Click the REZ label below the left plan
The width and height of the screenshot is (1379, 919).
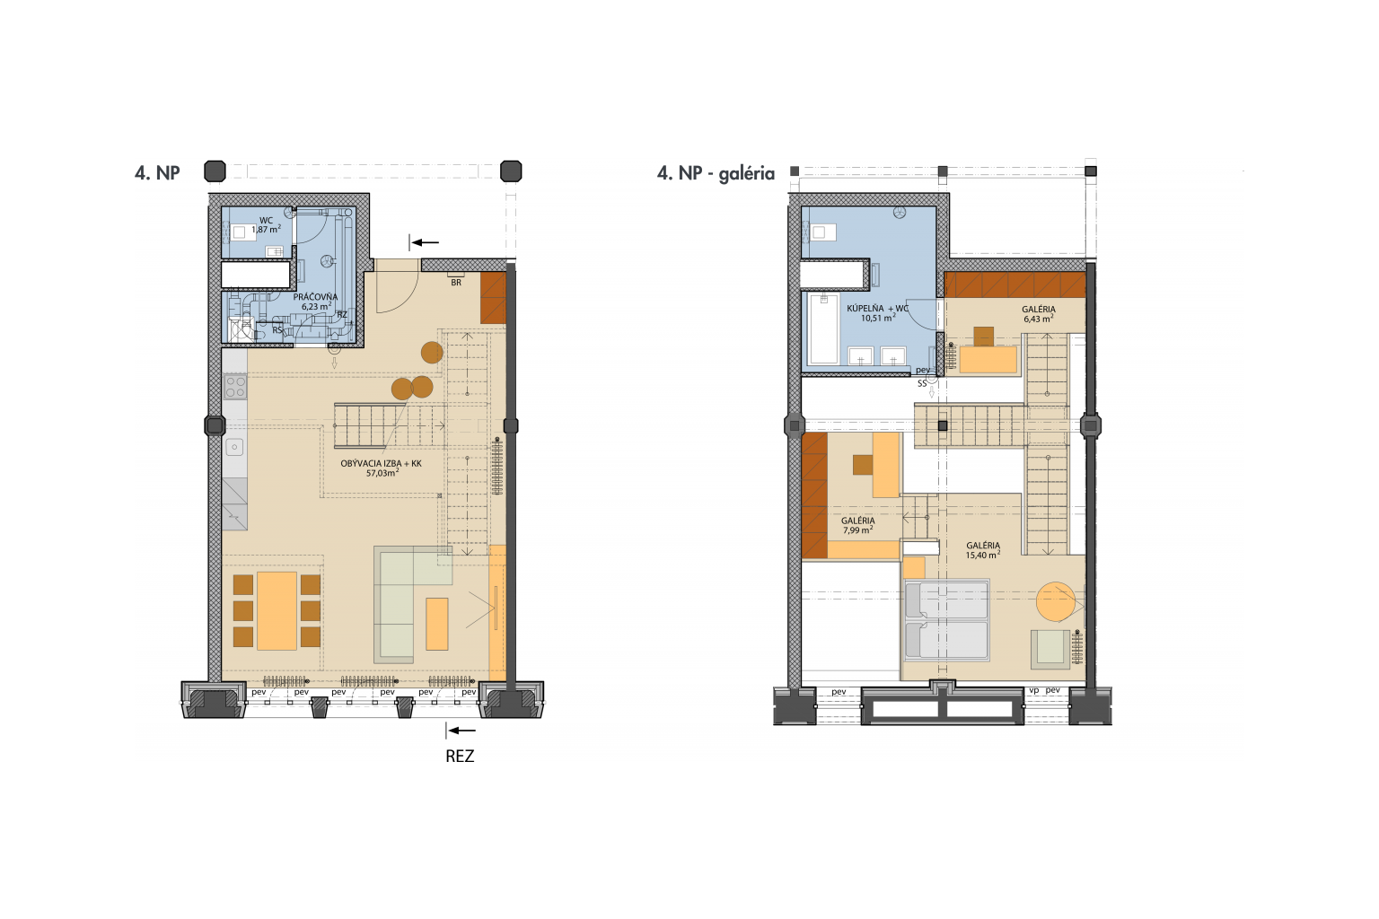click(x=460, y=756)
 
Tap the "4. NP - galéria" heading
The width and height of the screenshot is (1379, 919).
click(x=716, y=173)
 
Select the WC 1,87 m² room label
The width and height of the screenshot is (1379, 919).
click(x=266, y=224)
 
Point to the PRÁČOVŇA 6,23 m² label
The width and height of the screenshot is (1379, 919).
click(x=315, y=302)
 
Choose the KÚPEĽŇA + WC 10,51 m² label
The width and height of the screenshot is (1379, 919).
click(x=878, y=313)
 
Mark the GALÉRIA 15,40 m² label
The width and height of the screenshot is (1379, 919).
click(x=983, y=550)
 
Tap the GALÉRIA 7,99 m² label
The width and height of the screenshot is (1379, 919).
click(x=858, y=526)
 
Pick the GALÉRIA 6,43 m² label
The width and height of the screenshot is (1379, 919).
click(x=1039, y=314)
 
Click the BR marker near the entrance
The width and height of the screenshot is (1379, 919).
click(x=456, y=283)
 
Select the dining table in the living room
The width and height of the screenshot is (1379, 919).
click(x=277, y=611)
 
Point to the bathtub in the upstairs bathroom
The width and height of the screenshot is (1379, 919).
click(x=823, y=329)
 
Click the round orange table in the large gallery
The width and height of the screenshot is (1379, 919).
click(x=1056, y=601)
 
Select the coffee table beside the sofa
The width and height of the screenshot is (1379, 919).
click(x=437, y=624)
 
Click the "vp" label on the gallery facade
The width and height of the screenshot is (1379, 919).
click(x=1033, y=691)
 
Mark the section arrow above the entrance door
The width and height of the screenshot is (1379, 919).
click(x=425, y=242)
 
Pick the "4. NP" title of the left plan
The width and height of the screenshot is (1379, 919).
click(x=157, y=173)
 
